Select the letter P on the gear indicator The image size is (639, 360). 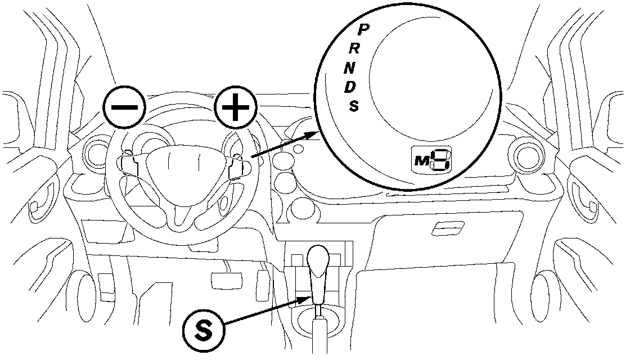click(364, 28)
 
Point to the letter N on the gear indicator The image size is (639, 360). click(350, 68)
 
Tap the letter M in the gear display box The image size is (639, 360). click(421, 161)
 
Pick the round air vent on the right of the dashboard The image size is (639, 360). click(528, 155)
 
